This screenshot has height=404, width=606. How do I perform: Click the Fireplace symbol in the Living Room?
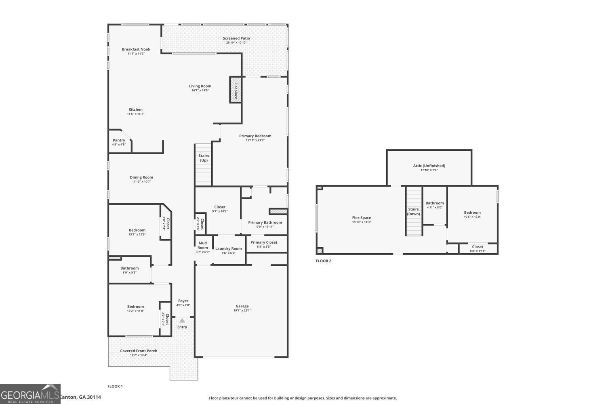click(x=236, y=89)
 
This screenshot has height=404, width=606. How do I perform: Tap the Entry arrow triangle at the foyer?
click(x=182, y=320)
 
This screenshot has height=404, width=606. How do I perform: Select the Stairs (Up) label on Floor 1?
click(x=204, y=158)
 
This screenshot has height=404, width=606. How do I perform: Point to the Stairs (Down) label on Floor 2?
click(x=413, y=211)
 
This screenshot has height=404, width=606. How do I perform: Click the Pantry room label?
click(x=119, y=140)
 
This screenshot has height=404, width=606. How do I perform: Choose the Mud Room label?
click(x=202, y=246)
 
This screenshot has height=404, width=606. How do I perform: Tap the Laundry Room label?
click(x=228, y=248)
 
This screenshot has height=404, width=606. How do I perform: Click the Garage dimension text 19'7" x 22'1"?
click(x=242, y=311)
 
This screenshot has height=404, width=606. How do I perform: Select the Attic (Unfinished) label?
click(x=429, y=166)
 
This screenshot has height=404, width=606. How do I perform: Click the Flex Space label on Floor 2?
click(x=361, y=218)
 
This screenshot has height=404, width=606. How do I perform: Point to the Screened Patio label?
click(x=236, y=38)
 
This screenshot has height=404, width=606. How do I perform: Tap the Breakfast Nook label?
click(x=136, y=49)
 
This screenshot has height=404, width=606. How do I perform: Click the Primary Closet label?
click(x=264, y=242)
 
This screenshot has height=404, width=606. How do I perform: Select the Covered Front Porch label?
click(x=139, y=351)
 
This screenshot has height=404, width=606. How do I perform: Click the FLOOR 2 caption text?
click(x=323, y=261)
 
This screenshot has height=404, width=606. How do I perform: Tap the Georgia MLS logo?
click(x=30, y=394)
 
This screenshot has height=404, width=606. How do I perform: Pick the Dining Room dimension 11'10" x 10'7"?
click(x=141, y=182)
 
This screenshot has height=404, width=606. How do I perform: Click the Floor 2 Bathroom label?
click(x=434, y=203)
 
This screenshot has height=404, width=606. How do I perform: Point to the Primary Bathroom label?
click(x=265, y=222)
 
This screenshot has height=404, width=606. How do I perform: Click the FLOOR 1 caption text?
click(x=115, y=386)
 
